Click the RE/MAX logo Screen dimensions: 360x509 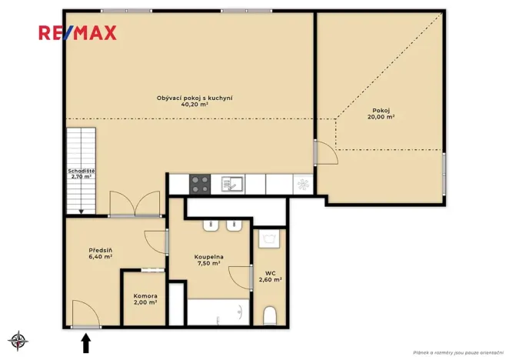78,32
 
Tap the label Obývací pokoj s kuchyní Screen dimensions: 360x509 195,98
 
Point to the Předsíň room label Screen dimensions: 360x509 101,249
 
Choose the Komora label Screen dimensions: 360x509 145,296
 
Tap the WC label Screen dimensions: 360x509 271,272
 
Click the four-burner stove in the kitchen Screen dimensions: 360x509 200,184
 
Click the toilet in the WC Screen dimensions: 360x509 270,316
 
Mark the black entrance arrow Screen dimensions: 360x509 85,342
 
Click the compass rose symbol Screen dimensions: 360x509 18,340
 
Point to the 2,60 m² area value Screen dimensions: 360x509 271,280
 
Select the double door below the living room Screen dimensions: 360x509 135,205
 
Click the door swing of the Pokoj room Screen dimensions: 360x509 326,152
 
